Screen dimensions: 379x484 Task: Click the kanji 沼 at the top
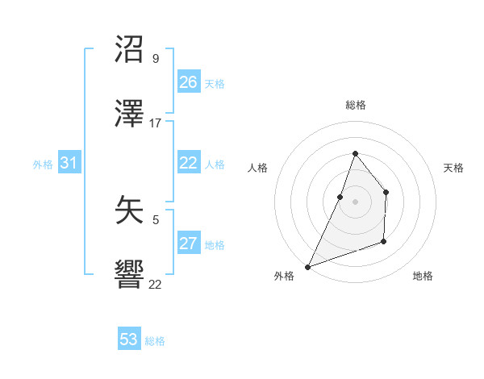click(x=131, y=50)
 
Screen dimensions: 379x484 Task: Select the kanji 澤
click(x=131, y=115)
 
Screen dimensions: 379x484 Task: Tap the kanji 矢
click(x=131, y=211)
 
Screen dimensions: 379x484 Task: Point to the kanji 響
click(x=131, y=277)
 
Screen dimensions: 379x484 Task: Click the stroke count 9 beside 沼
click(x=156, y=59)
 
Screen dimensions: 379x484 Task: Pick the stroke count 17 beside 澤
click(x=156, y=123)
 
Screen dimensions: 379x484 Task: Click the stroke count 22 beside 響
click(x=156, y=285)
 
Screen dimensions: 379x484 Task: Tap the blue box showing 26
click(x=189, y=82)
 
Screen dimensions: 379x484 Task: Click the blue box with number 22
click(x=189, y=163)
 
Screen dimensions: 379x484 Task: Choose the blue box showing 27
click(x=189, y=244)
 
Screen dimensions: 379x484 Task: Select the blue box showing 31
click(x=69, y=163)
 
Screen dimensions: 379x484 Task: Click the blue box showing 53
click(x=129, y=339)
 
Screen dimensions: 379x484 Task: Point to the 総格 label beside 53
click(x=155, y=341)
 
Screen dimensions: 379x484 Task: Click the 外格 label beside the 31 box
click(x=43, y=165)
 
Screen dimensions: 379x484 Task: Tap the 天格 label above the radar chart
click(x=453, y=168)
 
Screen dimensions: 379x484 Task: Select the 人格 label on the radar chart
click(x=258, y=168)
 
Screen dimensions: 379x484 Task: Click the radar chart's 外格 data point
click(x=307, y=266)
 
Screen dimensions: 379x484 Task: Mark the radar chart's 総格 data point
click(x=355, y=153)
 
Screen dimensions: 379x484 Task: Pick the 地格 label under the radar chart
click(x=423, y=276)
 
